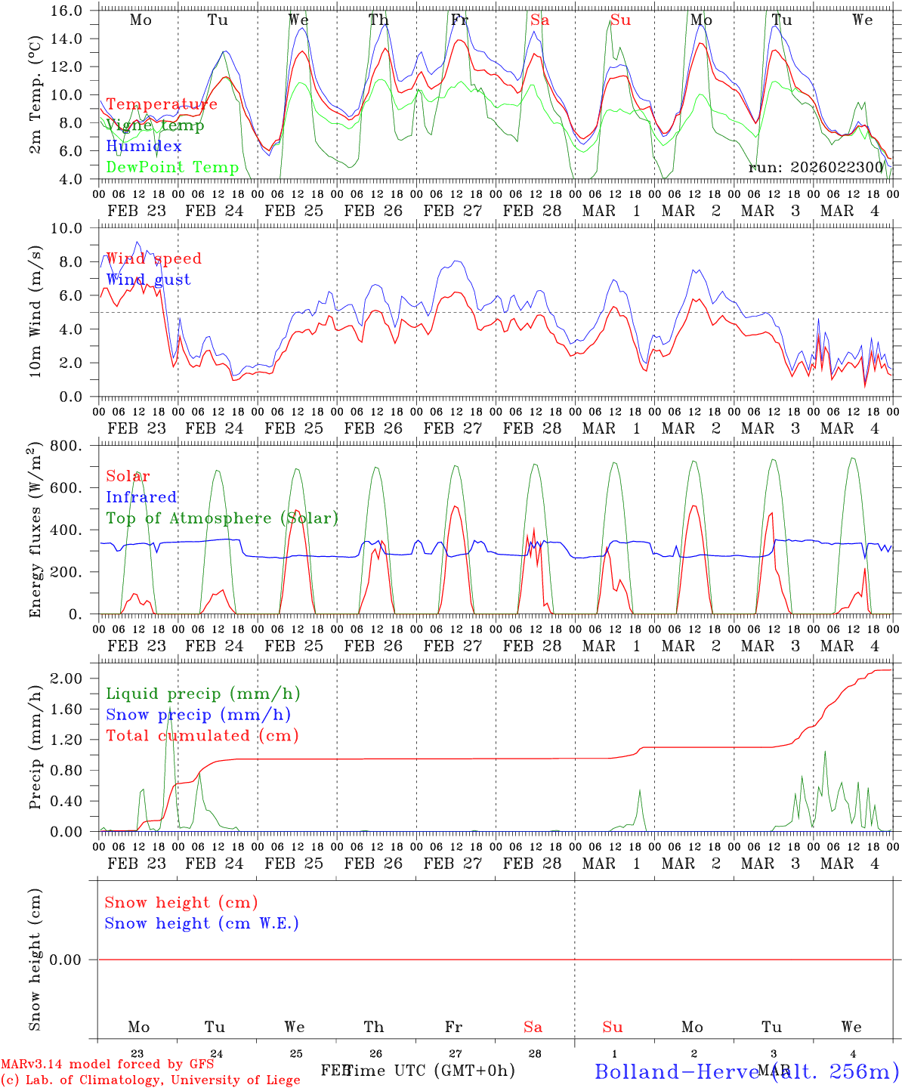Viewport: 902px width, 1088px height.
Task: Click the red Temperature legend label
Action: [x=162, y=104]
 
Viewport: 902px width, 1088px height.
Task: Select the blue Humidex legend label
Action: [x=144, y=147]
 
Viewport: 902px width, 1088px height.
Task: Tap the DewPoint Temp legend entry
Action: [x=172, y=168]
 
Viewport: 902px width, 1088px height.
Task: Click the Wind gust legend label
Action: [x=148, y=280]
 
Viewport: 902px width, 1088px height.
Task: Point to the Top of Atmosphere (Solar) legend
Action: [x=222, y=518]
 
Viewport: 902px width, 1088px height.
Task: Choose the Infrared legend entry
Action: [x=141, y=497]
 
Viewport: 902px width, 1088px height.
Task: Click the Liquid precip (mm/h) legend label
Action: [x=203, y=694]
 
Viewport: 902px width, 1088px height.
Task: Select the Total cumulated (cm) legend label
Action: [x=202, y=736]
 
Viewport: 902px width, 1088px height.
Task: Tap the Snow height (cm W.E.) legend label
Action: [x=202, y=923]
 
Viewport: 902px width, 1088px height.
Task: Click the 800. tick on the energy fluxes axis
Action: [x=66, y=446]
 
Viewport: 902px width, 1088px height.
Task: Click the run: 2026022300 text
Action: [x=816, y=168]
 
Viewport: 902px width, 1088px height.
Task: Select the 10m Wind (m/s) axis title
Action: [x=35, y=313]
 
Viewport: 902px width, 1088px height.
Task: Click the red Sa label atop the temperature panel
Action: [x=539, y=20]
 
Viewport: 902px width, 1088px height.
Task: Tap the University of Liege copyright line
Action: [x=150, y=1080]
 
